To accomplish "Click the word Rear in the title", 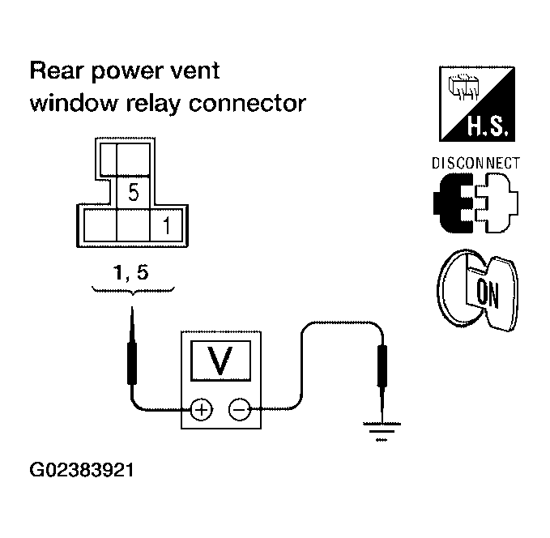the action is coord(57,70).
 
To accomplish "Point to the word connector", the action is coord(247,104).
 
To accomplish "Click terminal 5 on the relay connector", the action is coord(134,193).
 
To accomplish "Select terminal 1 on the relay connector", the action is coord(166,225).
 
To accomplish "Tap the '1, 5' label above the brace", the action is coord(131,273).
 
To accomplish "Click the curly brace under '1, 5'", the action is coord(133,291).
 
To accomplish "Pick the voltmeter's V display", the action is coord(220,361).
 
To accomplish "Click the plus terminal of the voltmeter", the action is coord(202,409).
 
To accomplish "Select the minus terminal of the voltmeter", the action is coord(240,409).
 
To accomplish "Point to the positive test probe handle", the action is coord(132,363).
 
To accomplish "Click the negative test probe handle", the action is coord(382,366).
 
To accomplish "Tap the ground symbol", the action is coord(382,431).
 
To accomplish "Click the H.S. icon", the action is coord(477,104).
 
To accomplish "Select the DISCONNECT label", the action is coord(475,164).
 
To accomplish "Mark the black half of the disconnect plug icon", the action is coord(454,203).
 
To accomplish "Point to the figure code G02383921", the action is coord(82,470).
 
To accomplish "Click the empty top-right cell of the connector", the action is coord(134,159).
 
